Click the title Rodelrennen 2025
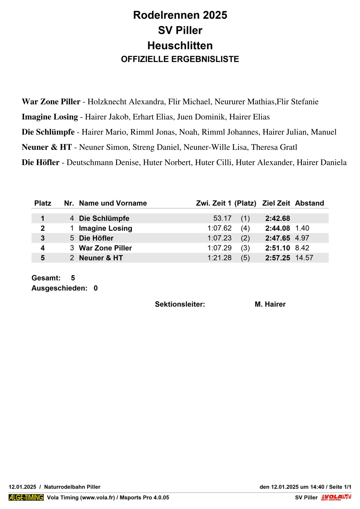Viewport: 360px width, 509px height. (180, 15)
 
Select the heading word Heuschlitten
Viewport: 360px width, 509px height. (180, 46)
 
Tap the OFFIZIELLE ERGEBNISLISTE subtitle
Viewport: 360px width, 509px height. (180, 59)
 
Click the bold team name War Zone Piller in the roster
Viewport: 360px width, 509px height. (51, 102)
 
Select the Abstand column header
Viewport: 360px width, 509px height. (309, 203)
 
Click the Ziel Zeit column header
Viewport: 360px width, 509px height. (276, 203)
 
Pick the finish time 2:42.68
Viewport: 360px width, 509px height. (277, 218)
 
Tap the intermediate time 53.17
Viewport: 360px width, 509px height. (222, 218)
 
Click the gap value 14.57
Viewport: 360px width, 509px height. (304, 258)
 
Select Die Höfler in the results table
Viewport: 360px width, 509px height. (96, 238)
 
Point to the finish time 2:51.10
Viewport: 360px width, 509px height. (277, 248)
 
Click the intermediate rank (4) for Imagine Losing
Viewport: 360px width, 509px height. (245, 228)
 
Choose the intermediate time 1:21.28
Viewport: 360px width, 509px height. (219, 258)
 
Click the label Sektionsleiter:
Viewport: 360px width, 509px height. (180, 304)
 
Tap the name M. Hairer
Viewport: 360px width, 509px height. (270, 304)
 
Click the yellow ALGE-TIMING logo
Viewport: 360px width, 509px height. (26, 498)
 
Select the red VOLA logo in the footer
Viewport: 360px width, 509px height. (336, 498)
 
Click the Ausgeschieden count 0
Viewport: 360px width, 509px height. (96, 288)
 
